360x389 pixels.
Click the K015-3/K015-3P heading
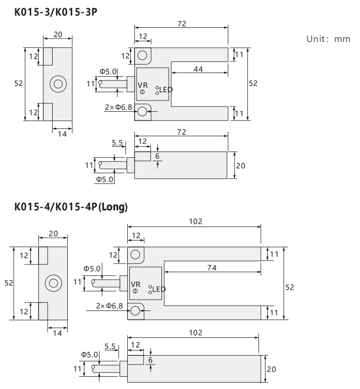(56, 12)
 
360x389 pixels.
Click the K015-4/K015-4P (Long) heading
(71, 207)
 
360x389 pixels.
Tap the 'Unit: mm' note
(328, 39)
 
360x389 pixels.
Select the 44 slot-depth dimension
(198, 69)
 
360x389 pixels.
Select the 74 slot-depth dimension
(212, 268)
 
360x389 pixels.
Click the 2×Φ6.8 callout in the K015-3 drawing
(119, 107)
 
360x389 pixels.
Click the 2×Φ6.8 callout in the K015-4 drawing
(109, 306)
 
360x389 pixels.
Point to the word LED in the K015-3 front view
(166, 89)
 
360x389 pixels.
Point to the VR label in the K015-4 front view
(136, 285)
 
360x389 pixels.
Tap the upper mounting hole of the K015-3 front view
(142, 55)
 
